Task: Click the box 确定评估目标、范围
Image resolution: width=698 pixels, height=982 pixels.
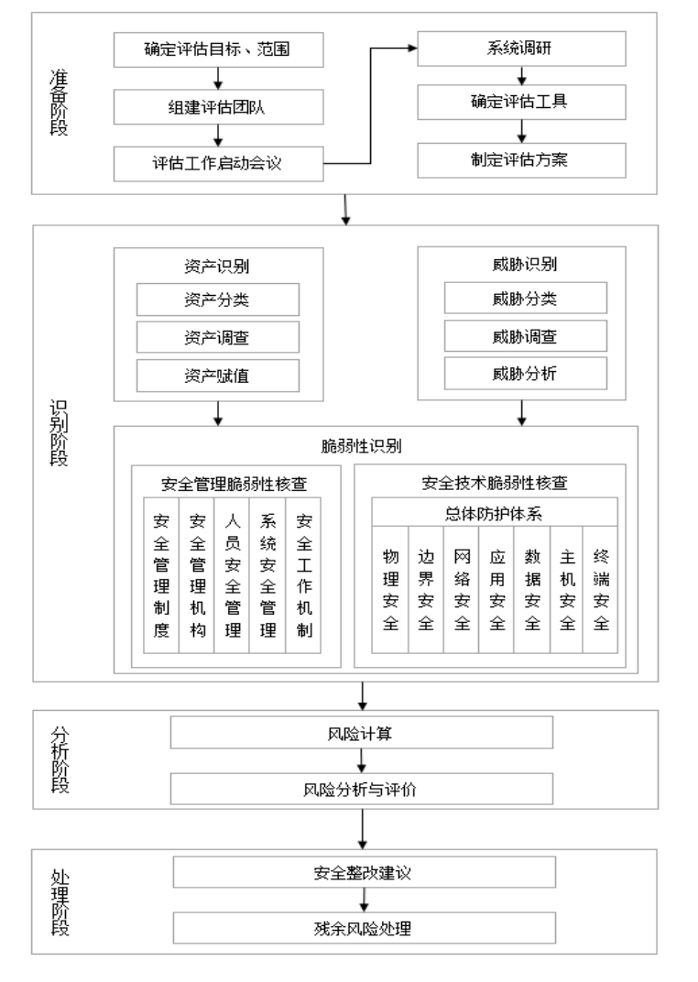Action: (220, 50)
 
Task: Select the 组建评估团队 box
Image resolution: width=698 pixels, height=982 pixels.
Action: (220, 107)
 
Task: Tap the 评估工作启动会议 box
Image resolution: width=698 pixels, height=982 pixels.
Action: (220, 164)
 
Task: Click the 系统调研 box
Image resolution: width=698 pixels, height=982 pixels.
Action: (522, 49)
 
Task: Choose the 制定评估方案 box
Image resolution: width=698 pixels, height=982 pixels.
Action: (522, 160)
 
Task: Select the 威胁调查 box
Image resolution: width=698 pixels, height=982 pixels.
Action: (525, 336)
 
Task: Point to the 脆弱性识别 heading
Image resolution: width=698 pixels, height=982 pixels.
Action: (374, 446)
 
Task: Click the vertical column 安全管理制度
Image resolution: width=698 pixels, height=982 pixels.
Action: (161, 575)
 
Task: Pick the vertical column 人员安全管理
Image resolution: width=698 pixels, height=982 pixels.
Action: (232, 575)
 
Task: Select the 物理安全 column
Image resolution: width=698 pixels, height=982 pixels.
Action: (390, 588)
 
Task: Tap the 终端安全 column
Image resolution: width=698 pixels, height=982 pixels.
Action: (602, 588)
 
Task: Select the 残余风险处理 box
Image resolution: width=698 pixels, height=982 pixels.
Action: (364, 929)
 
